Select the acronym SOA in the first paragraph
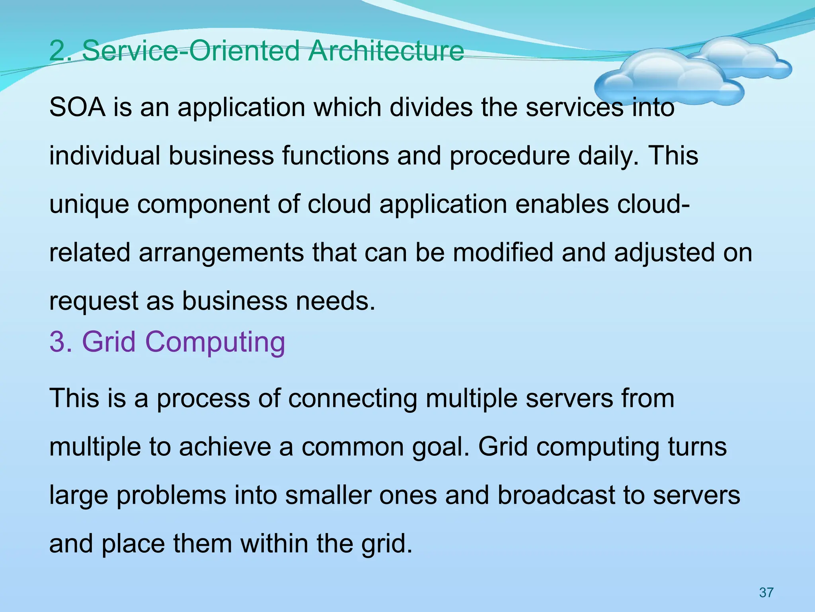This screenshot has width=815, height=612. tap(78, 107)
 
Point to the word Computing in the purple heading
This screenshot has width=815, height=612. tap(215, 342)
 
